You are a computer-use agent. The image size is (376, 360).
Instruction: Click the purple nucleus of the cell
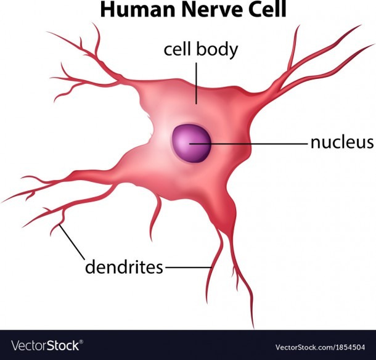(x=191, y=144)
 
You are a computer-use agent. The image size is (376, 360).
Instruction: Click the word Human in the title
(x=137, y=10)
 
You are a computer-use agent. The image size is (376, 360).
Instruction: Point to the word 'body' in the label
(x=217, y=51)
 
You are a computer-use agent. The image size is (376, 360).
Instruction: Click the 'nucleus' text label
(x=342, y=142)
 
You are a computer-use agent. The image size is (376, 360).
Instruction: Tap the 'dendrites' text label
(x=124, y=267)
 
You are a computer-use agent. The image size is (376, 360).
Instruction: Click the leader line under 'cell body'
(x=197, y=83)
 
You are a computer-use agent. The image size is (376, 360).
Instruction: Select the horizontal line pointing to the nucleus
(x=248, y=144)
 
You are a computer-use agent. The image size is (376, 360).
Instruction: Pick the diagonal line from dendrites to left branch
(x=72, y=242)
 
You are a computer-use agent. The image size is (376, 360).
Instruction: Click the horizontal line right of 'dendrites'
(x=189, y=267)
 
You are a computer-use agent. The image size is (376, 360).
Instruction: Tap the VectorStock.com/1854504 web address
(x=320, y=347)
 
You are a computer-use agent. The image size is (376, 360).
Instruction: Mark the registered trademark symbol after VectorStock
(x=81, y=342)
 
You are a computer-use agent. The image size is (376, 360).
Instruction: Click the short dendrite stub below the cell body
(x=155, y=216)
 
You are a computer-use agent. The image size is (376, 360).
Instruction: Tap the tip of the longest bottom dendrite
(x=253, y=328)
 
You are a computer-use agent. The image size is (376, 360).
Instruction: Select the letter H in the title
(x=107, y=10)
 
